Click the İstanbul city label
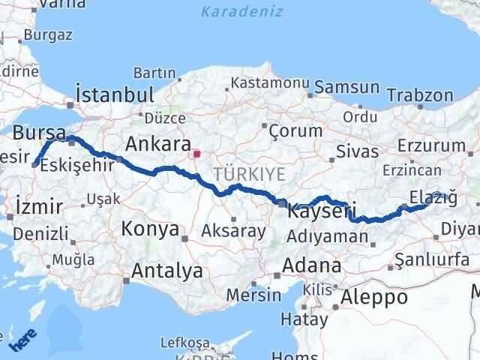(x=115, y=94)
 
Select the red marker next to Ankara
(x=196, y=155)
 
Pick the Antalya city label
(x=166, y=271)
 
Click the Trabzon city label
(x=421, y=95)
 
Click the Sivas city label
(x=359, y=152)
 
